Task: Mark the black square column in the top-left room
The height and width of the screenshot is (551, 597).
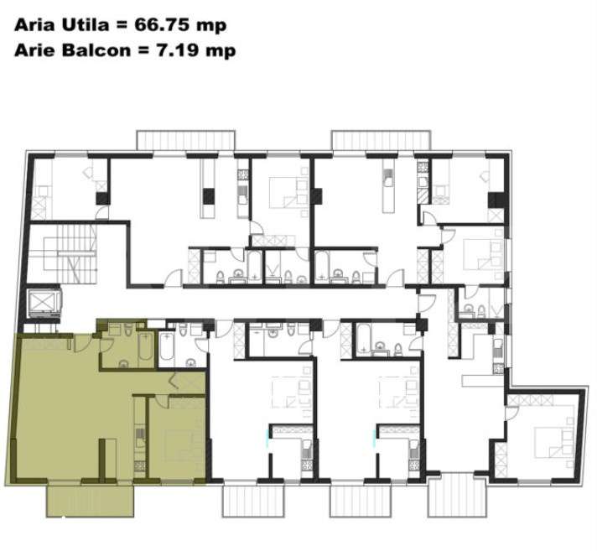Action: point(102,199)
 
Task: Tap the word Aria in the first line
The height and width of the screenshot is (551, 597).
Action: point(32,25)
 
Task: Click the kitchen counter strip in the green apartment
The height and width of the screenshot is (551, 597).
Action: point(140,436)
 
